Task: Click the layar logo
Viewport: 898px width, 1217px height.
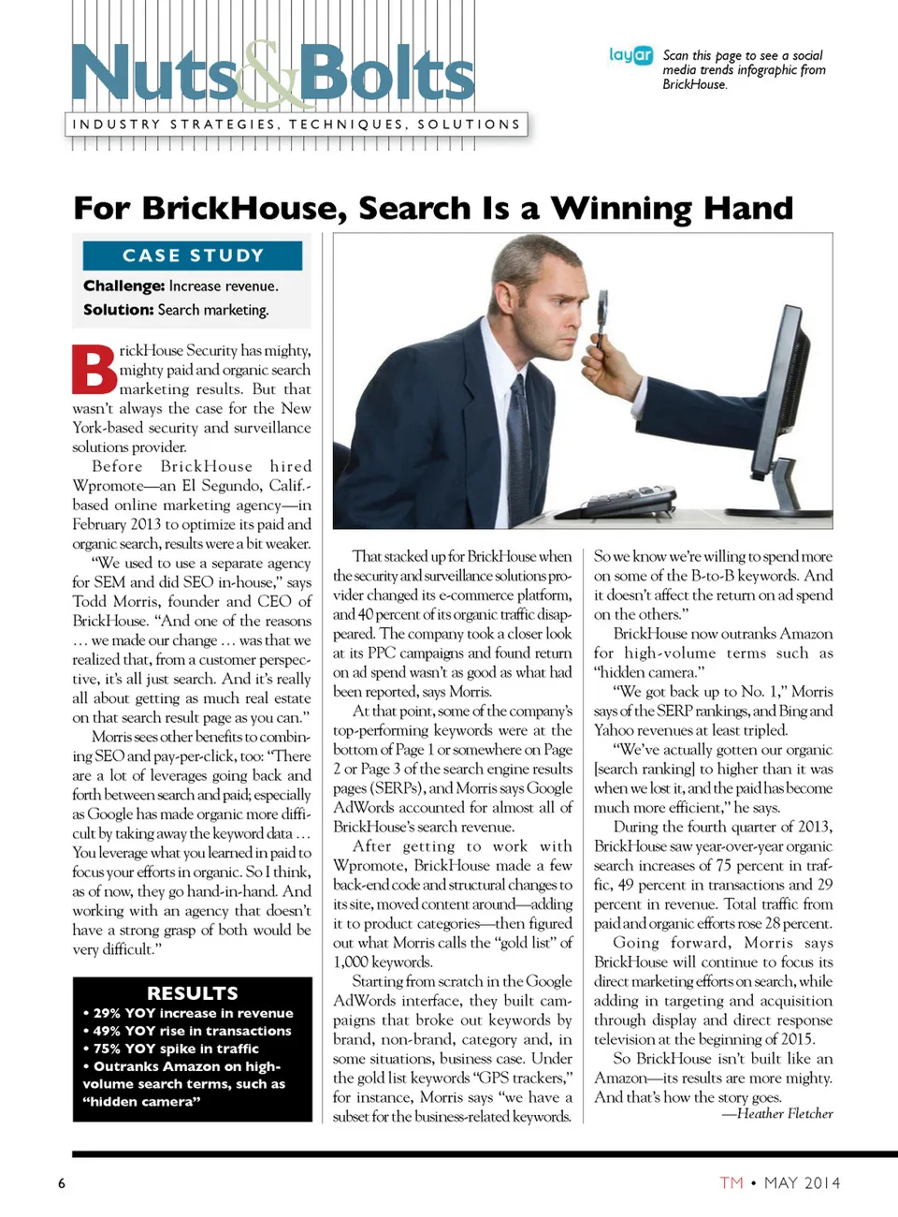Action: point(630,55)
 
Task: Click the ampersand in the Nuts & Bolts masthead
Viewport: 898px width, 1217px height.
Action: point(268,74)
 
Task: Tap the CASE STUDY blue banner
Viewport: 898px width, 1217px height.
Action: point(193,256)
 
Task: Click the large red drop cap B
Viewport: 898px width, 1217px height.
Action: point(94,370)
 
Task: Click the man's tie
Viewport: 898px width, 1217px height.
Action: point(519,421)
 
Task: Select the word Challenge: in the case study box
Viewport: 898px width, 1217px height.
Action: point(123,286)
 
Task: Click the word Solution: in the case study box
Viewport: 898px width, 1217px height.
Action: point(118,310)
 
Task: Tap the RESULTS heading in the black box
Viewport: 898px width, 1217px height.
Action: point(193,993)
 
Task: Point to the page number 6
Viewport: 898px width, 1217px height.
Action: point(62,1183)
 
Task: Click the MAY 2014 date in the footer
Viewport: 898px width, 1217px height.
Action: point(802,1182)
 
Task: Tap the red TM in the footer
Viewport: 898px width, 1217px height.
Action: point(731,1182)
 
